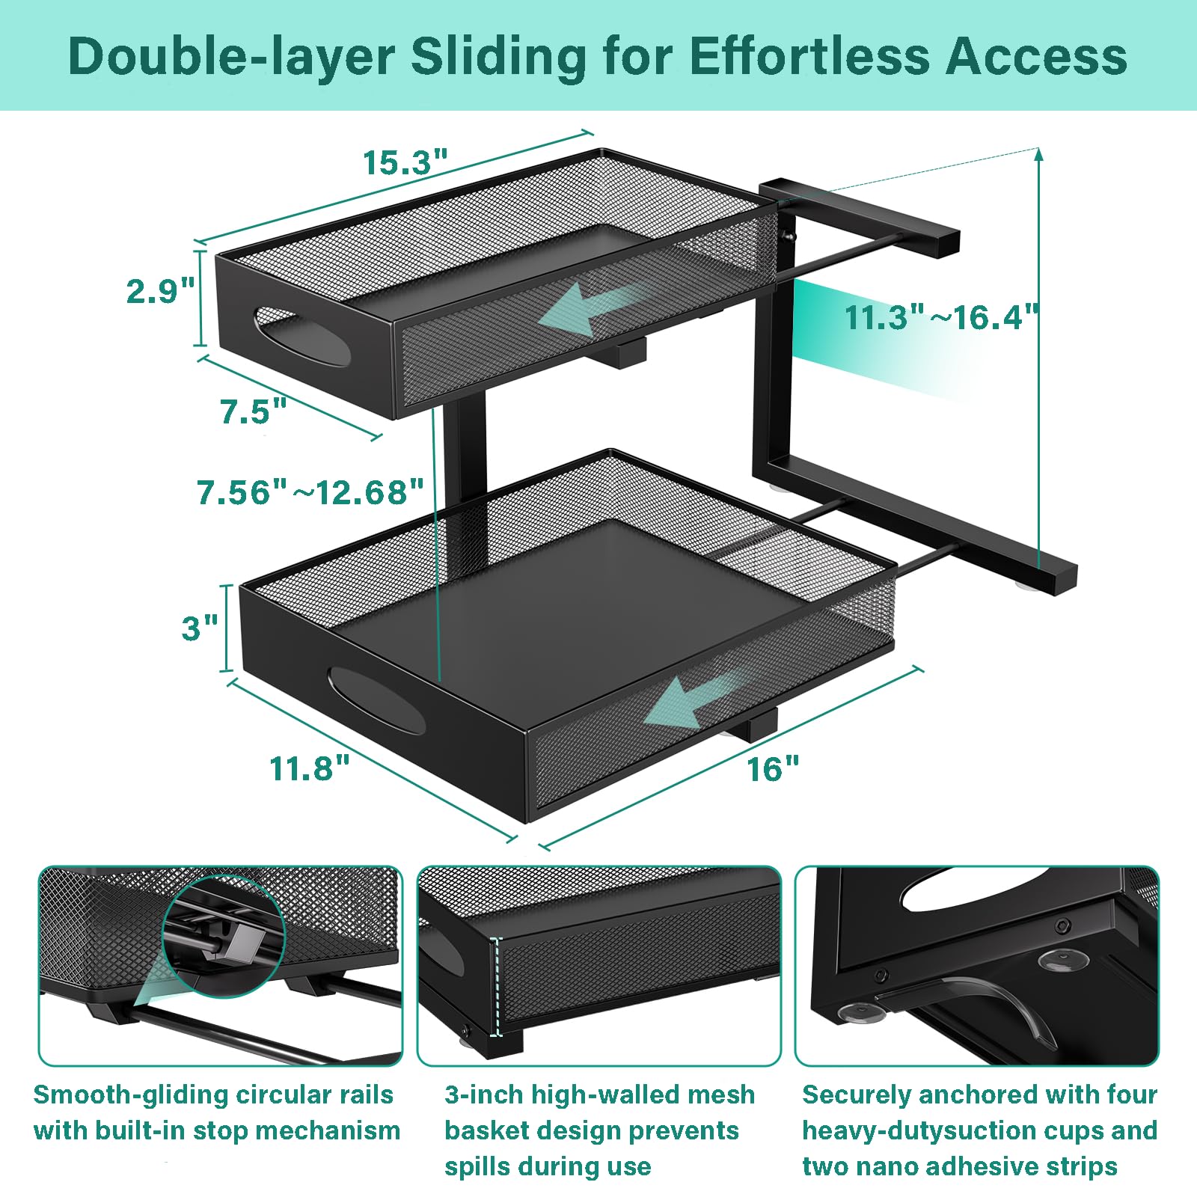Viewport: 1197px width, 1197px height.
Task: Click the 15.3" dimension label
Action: click(405, 162)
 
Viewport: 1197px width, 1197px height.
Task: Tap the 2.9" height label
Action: click(160, 290)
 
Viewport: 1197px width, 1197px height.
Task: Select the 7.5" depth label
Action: click(254, 411)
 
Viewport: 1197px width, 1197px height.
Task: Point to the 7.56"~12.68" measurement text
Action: click(310, 492)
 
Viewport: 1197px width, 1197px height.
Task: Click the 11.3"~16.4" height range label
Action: click(942, 316)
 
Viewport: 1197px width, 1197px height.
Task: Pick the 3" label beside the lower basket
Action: click(200, 628)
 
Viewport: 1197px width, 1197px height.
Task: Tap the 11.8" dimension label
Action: click(310, 768)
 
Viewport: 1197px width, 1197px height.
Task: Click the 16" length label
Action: click(774, 768)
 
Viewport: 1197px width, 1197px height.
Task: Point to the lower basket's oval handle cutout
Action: click(376, 701)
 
